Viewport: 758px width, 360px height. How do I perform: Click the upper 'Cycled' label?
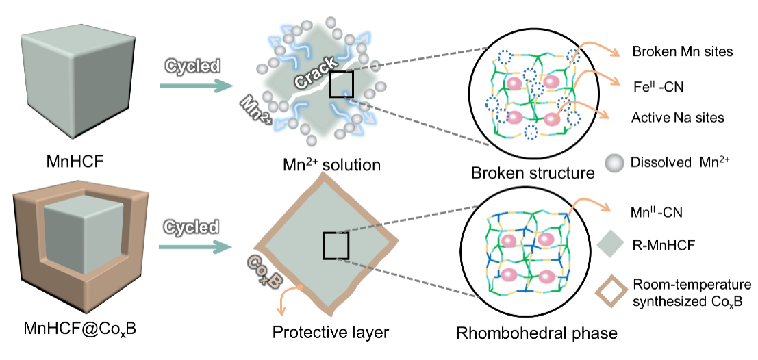coord(192,66)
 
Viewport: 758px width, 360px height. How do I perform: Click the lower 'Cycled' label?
coord(191,227)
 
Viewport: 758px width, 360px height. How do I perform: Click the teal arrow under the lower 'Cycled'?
coord(195,246)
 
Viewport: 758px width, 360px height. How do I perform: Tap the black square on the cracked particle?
coord(341,84)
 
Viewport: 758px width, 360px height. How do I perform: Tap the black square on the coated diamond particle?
coord(336,246)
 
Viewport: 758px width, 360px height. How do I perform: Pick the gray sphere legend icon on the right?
coord(614,163)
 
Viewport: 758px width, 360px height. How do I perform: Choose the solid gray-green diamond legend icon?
coord(610,244)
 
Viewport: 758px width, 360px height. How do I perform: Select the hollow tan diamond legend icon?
coord(611,291)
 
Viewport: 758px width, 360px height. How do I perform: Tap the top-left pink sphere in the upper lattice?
coord(514,83)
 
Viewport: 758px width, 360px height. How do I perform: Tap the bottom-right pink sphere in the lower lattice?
coord(546,277)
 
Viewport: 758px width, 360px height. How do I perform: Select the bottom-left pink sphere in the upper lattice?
coord(514,118)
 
